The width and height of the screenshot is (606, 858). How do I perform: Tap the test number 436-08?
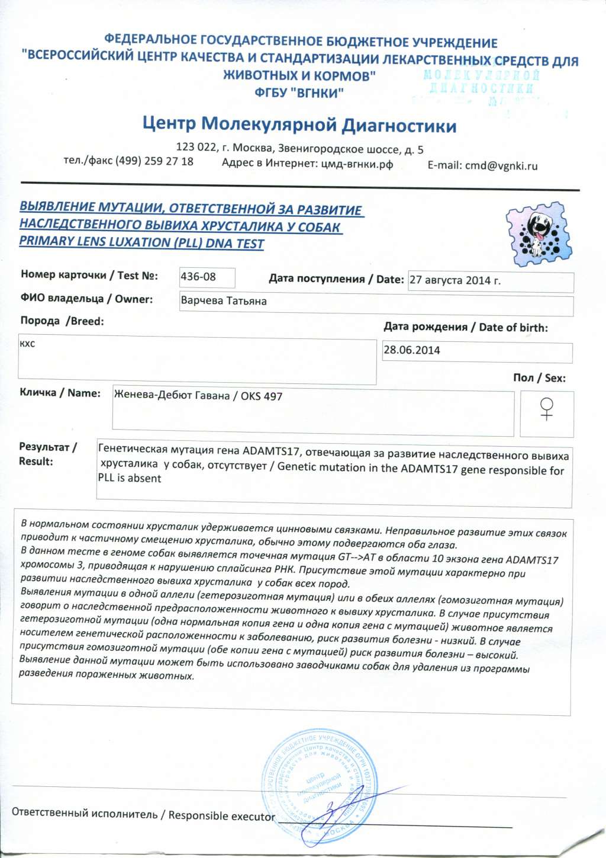tap(198, 277)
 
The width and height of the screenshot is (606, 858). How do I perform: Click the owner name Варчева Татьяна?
tap(224, 301)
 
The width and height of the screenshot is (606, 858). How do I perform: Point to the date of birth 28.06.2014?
tap(412, 350)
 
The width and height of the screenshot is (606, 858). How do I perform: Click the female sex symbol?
tap(547, 409)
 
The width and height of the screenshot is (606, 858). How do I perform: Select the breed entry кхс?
tap(27, 344)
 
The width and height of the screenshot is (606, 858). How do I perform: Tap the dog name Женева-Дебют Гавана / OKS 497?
tap(198, 396)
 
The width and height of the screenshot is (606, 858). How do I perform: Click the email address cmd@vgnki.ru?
tap(501, 166)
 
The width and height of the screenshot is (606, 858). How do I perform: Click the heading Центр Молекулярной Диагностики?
tap(299, 125)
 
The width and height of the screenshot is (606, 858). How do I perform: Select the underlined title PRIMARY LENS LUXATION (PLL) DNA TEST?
tap(141, 242)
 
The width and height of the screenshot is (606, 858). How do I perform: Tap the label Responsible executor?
tap(222, 816)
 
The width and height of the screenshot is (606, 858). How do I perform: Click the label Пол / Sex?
tap(539, 378)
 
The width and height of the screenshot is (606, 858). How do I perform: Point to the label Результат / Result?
tap(47, 454)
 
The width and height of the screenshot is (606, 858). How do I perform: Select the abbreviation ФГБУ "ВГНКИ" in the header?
tap(299, 92)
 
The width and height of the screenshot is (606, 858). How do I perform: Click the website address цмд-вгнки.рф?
tap(357, 164)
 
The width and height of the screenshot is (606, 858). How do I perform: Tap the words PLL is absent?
tap(130, 479)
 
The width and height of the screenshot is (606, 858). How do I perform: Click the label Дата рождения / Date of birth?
tap(466, 327)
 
